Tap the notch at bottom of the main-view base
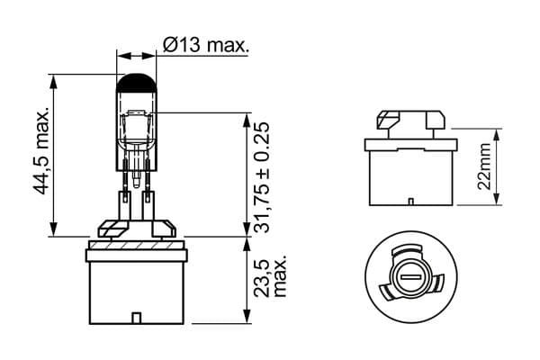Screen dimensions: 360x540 [x=137, y=317]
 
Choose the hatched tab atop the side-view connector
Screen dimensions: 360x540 [x=389, y=118]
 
